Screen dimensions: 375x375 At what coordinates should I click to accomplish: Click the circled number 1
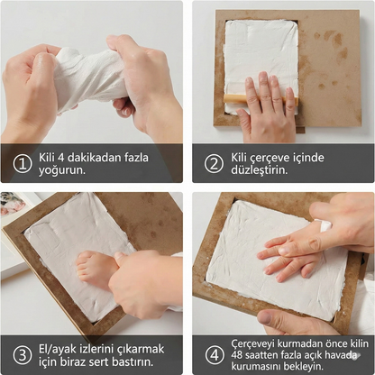click(21, 163)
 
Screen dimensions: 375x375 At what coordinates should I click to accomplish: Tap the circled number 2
click(213, 163)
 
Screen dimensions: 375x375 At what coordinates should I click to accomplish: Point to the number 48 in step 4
click(237, 355)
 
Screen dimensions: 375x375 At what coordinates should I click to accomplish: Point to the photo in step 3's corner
click(13, 205)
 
